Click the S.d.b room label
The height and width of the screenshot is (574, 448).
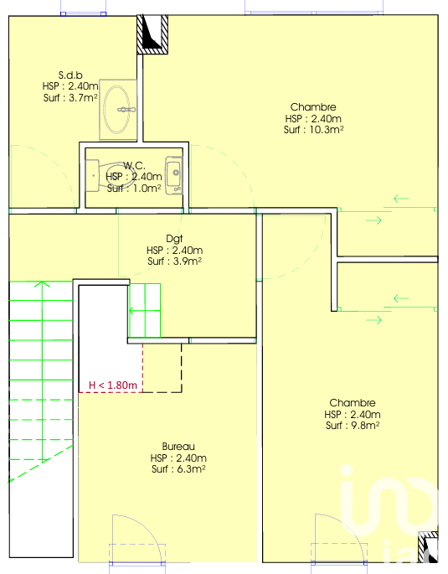coord(70,75)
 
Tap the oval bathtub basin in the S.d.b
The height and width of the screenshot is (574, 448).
coord(117,110)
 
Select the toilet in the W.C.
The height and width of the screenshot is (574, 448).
coord(106,176)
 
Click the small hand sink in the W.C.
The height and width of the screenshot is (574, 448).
coord(174,175)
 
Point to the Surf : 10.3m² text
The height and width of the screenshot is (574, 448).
coord(313,130)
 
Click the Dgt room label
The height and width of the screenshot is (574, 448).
coord(174,239)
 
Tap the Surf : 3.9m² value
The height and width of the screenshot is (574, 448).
coord(174,261)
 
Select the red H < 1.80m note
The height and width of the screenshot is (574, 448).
coord(113,385)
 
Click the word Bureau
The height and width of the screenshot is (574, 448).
coord(178,447)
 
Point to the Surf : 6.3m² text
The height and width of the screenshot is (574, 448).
coord(178,469)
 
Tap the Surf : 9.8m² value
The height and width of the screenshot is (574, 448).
coord(353,426)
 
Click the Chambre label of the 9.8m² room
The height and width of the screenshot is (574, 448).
coord(353,403)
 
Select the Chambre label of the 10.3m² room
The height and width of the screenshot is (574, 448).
coord(313,107)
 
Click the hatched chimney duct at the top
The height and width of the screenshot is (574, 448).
coord(152,34)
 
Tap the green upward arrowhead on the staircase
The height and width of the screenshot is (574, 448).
coord(43,284)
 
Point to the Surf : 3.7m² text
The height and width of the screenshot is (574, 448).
coord(70,98)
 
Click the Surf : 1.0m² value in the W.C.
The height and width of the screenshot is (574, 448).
coord(134,189)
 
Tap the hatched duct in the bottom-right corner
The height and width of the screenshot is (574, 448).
coord(428,547)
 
